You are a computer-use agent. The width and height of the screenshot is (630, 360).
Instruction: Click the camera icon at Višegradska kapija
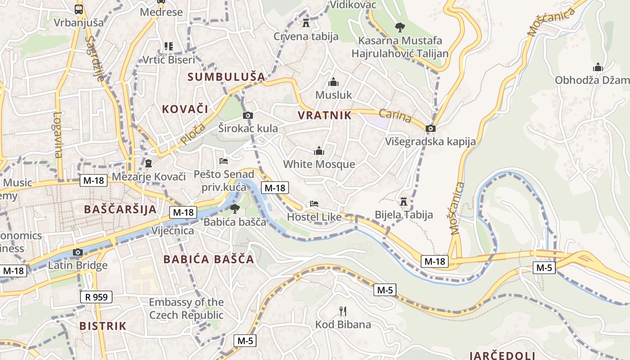click(431, 129)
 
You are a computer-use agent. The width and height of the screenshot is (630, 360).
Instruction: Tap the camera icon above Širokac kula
click(248, 116)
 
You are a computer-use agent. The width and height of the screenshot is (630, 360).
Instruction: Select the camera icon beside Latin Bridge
click(78, 252)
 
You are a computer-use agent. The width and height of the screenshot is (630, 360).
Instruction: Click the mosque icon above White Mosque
click(319, 151)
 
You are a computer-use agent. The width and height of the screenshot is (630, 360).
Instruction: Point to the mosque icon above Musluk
click(333, 82)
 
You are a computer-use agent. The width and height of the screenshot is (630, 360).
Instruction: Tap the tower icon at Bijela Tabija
click(403, 201)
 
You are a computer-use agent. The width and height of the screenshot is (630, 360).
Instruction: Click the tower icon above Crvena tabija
click(306, 23)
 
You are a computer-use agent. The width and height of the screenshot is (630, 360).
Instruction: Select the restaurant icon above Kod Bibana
click(343, 311)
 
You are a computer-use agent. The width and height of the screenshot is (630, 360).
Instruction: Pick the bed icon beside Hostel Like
click(314, 204)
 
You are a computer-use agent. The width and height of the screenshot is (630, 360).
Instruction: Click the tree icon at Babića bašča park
click(234, 208)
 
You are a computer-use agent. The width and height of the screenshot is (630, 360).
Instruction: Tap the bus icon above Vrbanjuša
click(79, 9)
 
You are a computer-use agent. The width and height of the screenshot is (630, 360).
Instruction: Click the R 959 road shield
click(96, 297)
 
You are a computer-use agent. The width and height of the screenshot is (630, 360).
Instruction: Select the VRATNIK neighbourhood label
click(324, 116)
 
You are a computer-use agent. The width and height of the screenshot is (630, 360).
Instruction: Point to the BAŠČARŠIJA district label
click(120, 209)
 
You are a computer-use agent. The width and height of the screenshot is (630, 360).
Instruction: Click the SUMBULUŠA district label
click(226, 77)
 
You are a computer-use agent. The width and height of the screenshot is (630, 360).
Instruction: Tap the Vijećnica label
click(173, 231)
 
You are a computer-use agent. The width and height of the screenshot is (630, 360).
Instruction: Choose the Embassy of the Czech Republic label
click(186, 309)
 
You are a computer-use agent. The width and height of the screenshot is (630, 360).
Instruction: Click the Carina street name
click(395, 116)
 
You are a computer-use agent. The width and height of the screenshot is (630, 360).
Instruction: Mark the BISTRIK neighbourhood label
click(103, 326)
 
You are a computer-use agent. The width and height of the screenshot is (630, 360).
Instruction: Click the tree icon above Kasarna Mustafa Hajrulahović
click(400, 27)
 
